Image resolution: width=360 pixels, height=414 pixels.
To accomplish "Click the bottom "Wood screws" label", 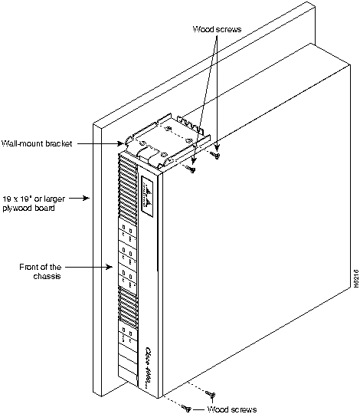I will coord(232,409).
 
